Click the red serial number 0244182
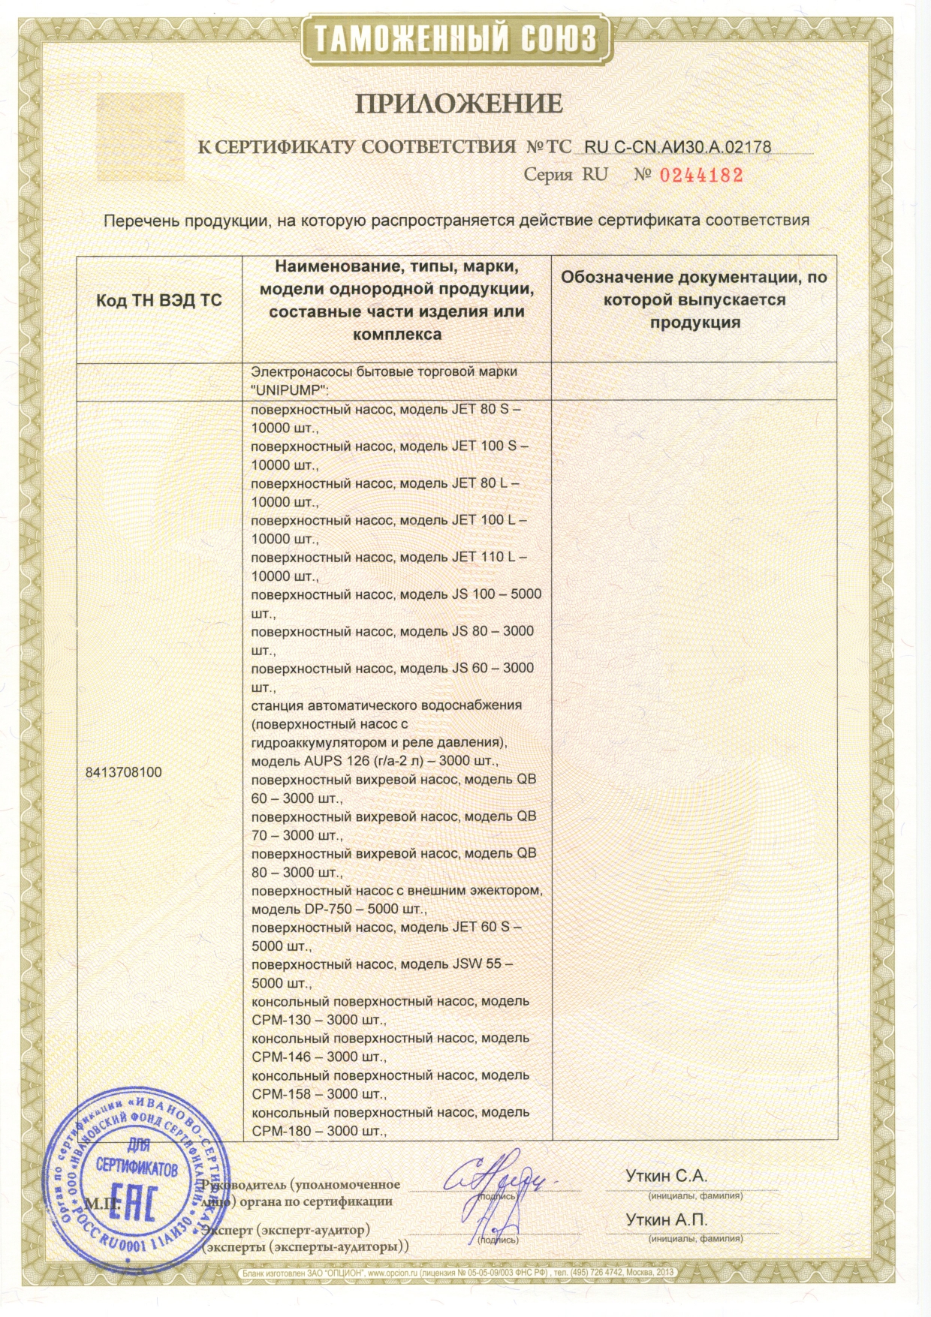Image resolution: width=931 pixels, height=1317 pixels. [x=701, y=176]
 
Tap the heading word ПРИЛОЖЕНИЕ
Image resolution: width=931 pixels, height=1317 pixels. [x=458, y=103]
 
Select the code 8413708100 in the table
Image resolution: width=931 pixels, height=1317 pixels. [x=124, y=772]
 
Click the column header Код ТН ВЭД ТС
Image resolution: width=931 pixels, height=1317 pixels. [x=159, y=300]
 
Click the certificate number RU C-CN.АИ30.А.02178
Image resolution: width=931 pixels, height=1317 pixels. [x=677, y=147]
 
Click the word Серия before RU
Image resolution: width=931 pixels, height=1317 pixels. [x=548, y=176]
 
